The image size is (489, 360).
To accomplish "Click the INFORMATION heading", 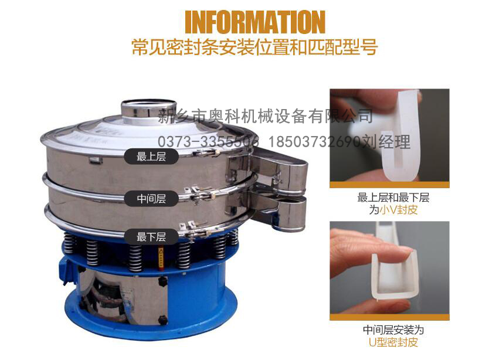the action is [x=255, y=22].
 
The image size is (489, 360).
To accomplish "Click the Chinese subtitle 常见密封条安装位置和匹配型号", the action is [x=254, y=47].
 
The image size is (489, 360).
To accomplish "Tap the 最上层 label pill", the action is [x=151, y=157].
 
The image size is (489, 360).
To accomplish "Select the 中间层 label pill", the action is [x=151, y=198].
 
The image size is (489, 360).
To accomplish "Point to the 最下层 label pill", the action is [x=151, y=237].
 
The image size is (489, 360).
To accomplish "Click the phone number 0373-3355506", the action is [x=208, y=142].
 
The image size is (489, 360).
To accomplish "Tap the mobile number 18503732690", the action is [x=314, y=142].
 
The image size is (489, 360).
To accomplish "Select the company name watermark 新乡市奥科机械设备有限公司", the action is [x=266, y=116].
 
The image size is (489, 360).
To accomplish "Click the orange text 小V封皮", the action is [x=398, y=209].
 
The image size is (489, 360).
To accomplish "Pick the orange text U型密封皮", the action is [x=393, y=342].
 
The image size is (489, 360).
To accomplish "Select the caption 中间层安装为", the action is [x=393, y=330].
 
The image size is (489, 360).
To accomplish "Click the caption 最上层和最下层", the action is [x=393, y=197].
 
